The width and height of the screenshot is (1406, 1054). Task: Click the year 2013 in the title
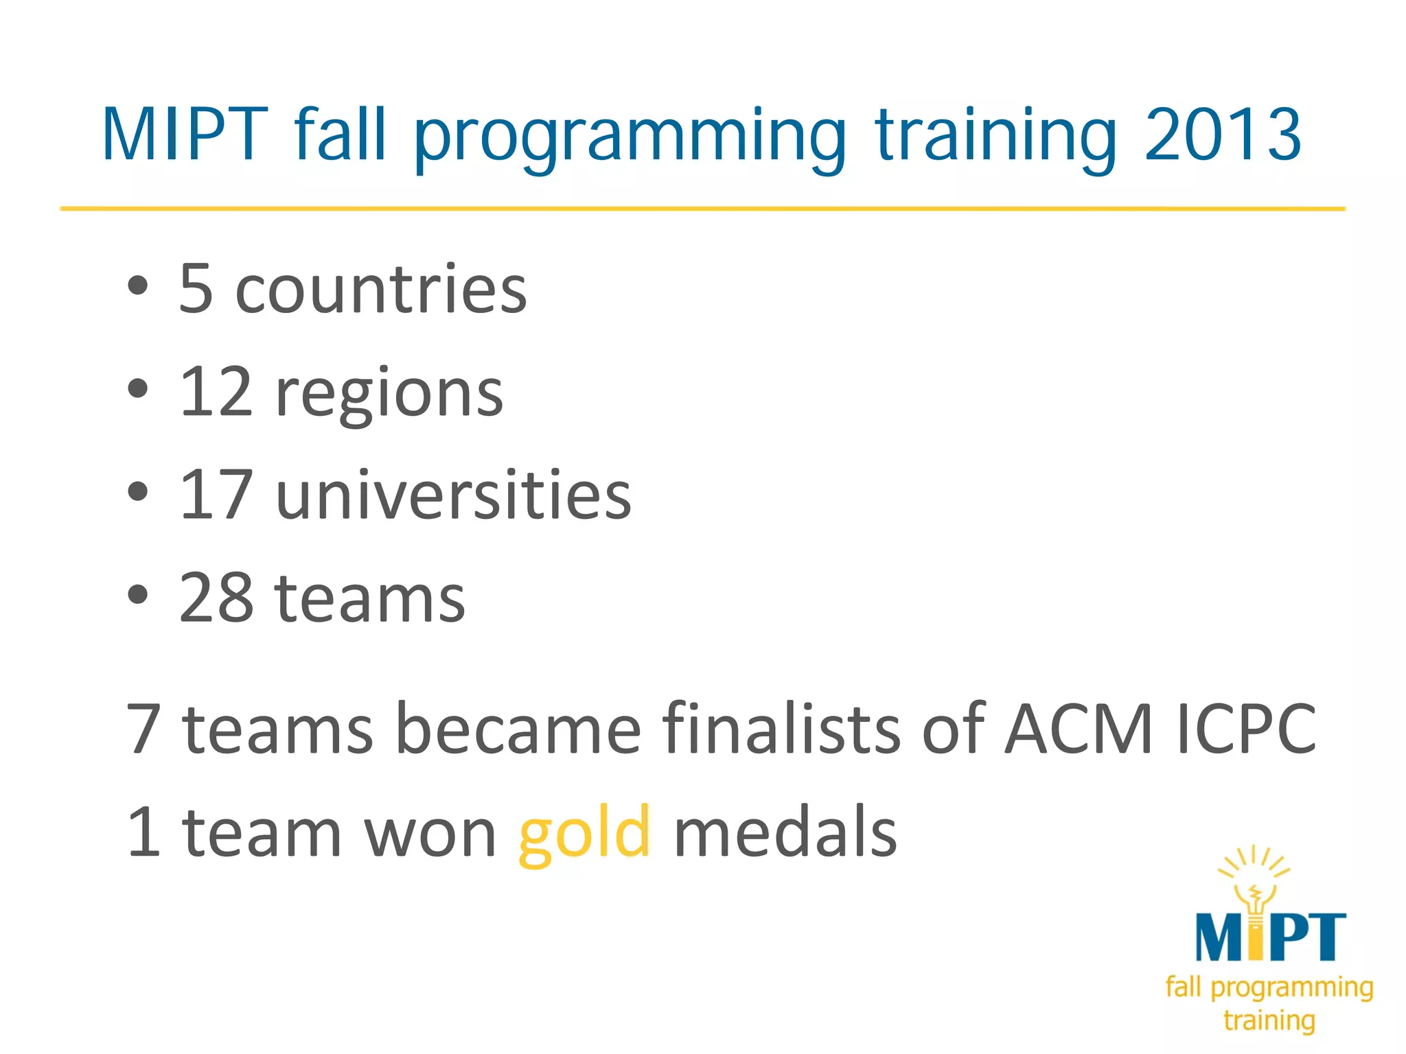[1222, 135]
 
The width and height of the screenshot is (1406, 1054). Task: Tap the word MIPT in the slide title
[185, 135]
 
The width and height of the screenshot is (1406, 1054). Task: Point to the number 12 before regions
[216, 392]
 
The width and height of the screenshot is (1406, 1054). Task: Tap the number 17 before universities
[216, 495]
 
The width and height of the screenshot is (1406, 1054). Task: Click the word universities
[453, 495]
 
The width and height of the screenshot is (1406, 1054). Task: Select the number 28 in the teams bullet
[217, 598]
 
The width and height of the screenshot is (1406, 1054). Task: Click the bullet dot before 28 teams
[138, 594]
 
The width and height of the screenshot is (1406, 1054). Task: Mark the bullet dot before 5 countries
[138, 285]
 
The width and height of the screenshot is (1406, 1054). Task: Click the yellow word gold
[584, 834]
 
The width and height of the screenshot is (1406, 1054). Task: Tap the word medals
[785, 832]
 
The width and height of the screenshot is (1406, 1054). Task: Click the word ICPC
[1246, 729]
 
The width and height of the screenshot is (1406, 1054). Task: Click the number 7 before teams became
[144, 729]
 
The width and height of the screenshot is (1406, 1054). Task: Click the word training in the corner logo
[1269, 1020]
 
